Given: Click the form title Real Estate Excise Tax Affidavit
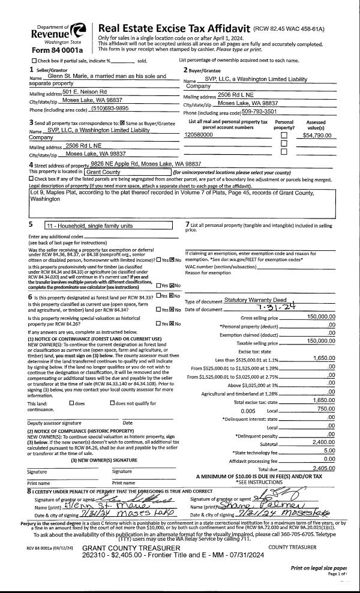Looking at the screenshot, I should pos(175,28).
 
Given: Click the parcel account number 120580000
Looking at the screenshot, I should pos(199,135).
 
